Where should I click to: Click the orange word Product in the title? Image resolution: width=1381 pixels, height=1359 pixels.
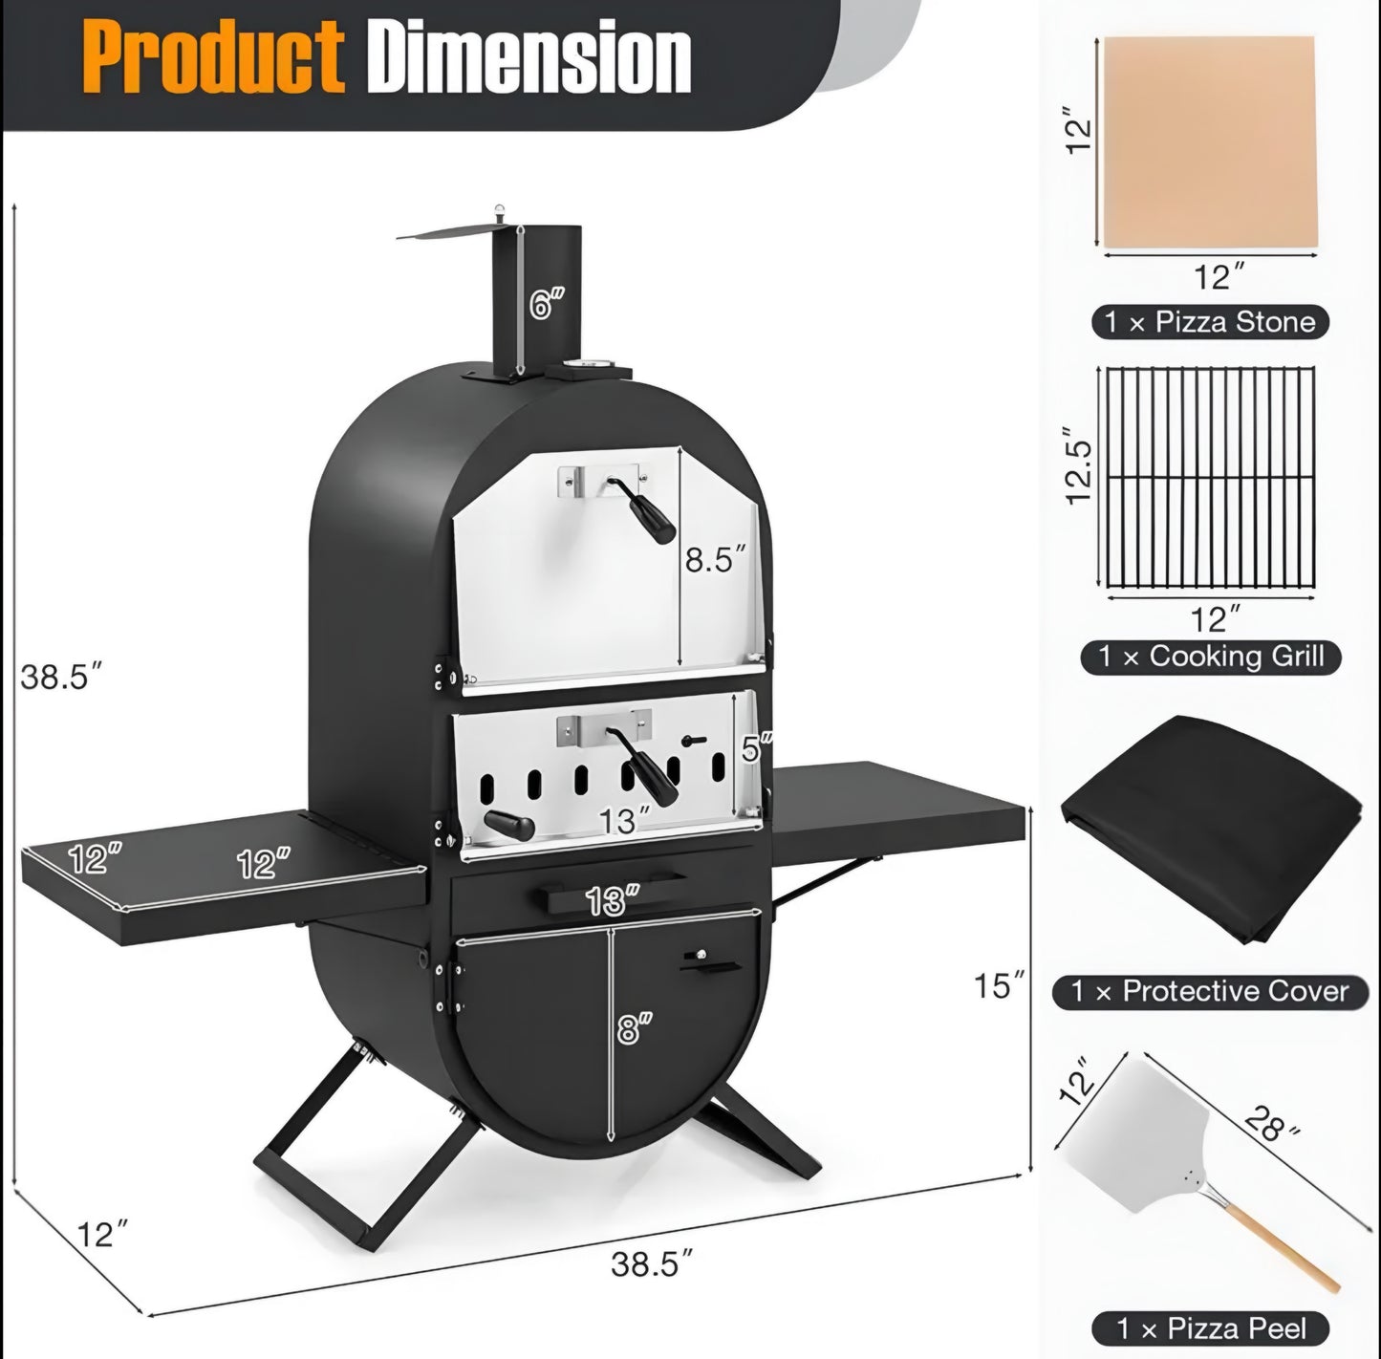[x=213, y=58]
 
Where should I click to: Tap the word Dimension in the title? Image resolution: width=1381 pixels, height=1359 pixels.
[x=529, y=56]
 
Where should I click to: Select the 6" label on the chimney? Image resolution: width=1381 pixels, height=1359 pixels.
[x=547, y=303]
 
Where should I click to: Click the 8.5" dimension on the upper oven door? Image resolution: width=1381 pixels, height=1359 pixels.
[x=715, y=559]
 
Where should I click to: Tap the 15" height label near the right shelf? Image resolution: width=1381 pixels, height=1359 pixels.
[x=999, y=985]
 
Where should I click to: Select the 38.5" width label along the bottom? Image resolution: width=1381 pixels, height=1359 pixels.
[x=652, y=1263]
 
